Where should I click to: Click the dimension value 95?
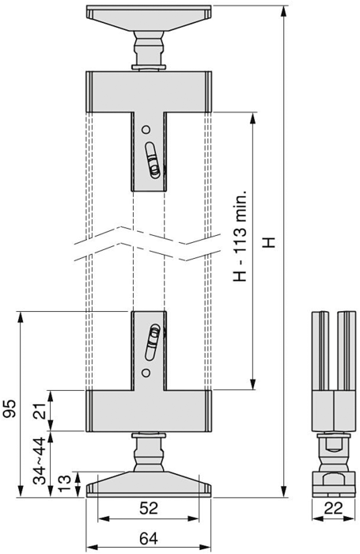click(9, 409)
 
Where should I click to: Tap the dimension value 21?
click(42, 411)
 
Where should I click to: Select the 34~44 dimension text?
click(40, 461)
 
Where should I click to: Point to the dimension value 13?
click(66, 484)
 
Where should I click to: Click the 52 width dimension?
click(149, 508)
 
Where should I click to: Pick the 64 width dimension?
click(149, 539)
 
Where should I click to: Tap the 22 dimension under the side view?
click(334, 508)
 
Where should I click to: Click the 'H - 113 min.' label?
click(240, 237)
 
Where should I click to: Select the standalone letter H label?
click(270, 242)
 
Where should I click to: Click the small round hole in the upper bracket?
click(146, 130)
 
